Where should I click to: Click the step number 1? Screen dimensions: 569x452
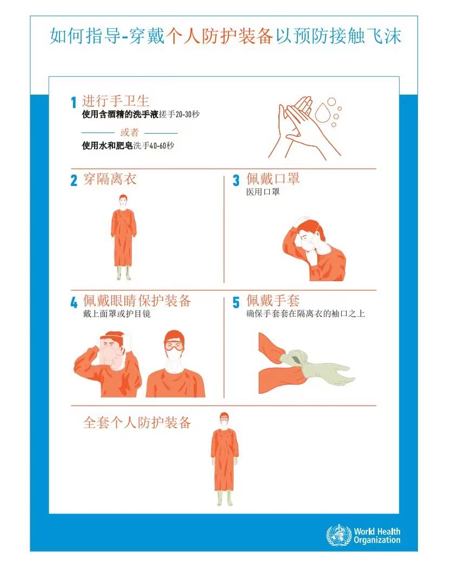pos(74,102)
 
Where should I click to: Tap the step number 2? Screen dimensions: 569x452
pos(74,181)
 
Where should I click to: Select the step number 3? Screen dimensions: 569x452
pos(236,181)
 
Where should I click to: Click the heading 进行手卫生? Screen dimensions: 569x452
pos(115,101)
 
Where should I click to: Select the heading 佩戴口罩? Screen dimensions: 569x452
pos(273,179)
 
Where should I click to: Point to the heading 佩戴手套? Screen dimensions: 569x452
pos(273,301)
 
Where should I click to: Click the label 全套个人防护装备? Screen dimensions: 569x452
pos(137,422)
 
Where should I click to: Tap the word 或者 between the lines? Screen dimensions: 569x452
pos(129,133)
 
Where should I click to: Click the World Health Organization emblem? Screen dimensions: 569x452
pos(338,535)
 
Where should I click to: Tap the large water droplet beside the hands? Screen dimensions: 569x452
pos(324,112)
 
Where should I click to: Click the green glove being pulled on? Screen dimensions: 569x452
pos(316,368)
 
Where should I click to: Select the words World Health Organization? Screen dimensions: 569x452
pos(377,536)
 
